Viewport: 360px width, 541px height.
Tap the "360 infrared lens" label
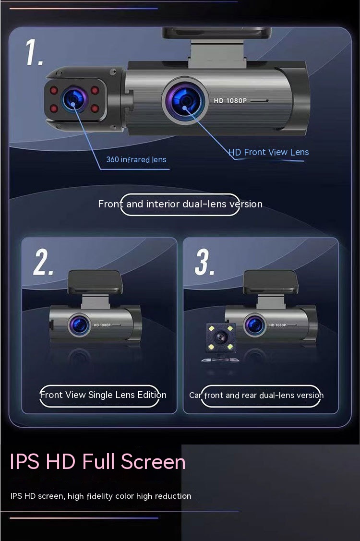coord(136,159)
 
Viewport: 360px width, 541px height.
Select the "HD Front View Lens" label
coord(268,152)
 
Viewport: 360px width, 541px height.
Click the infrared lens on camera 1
coord(73,99)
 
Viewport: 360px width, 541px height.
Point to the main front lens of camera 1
coord(185,100)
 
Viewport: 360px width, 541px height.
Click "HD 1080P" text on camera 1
coord(230,100)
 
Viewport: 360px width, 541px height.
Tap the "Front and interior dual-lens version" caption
coord(180,204)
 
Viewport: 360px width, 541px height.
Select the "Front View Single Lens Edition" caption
coord(103,395)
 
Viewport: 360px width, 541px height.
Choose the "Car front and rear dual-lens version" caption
coord(256,396)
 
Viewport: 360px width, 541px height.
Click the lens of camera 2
coord(79,325)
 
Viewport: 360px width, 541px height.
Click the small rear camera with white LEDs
coord(220,338)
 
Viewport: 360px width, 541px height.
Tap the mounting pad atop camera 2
coord(95,282)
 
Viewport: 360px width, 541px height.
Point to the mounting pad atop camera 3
coord(271,282)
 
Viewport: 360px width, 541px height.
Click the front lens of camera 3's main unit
coord(255,325)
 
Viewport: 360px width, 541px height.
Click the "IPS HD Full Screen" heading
coord(97,462)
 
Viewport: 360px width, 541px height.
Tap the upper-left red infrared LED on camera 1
coord(54,90)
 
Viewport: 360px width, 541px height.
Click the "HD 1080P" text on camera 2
coord(102,325)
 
